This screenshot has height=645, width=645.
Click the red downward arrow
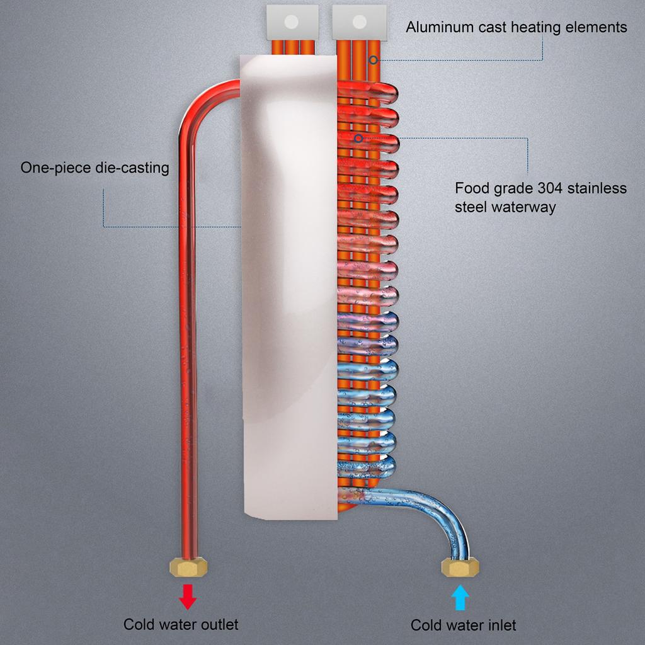click(188, 596)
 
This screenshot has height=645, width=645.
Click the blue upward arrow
click(460, 597)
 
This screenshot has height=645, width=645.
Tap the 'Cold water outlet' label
click(181, 624)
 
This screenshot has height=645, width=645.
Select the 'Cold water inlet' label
click(463, 625)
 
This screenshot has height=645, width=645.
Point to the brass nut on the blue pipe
click(460, 568)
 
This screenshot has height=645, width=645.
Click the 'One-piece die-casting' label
click(94, 168)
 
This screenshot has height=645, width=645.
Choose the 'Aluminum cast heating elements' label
click(516, 27)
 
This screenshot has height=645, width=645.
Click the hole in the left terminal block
click(291, 22)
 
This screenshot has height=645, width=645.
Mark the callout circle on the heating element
click(373, 60)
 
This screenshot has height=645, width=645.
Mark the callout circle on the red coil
click(358, 137)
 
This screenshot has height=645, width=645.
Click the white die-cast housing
click(288, 283)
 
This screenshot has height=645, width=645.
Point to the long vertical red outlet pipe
click(188, 346)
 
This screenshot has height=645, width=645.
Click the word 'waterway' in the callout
click(527, 207)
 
